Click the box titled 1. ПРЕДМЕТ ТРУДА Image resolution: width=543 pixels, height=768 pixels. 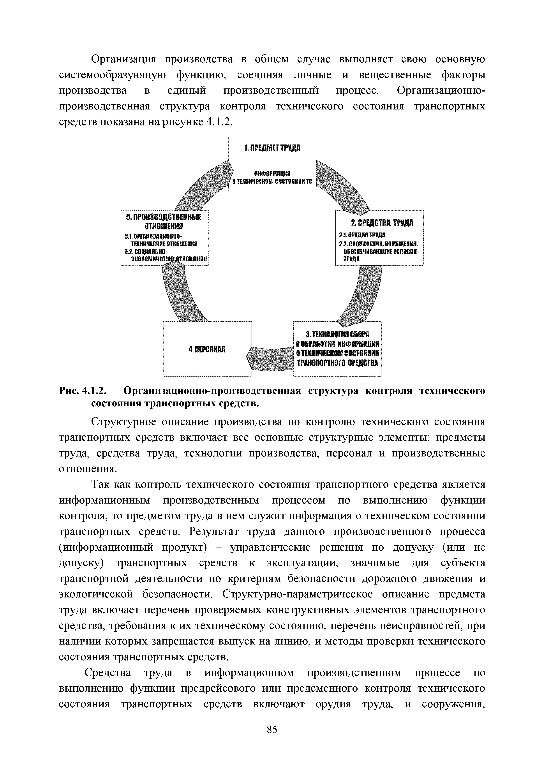pyautogui.click(x=272, y=163)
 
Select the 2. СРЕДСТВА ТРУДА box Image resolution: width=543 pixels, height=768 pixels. pyautogui.click(x=379, y=238)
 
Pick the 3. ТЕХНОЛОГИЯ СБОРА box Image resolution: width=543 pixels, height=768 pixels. pyautogui.click(x=337, y=348)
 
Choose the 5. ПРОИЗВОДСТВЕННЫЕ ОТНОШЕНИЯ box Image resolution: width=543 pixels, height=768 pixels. pyautogui.click(x=165, y=238)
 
